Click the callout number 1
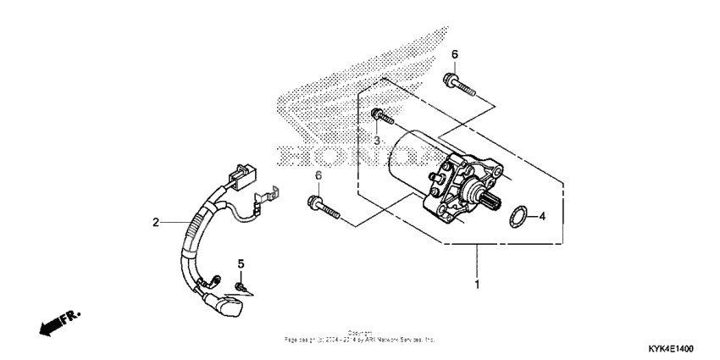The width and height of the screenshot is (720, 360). point(477,285)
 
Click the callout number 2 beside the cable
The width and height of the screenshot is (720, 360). point(156,223)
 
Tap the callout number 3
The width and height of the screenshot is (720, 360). point(377,139)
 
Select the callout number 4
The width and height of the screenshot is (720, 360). point(543,216)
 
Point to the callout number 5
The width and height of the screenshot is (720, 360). point(241,263)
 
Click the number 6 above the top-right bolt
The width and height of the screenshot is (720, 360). point(454,54)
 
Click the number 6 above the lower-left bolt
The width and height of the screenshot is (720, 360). point(318,175)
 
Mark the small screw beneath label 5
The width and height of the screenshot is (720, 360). point(241,288)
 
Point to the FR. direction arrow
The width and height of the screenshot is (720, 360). point(58,322)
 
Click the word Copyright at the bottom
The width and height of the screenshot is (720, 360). point(360,332)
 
